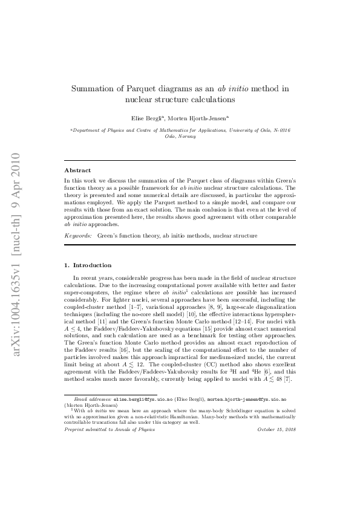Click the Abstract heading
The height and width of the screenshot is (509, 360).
77,170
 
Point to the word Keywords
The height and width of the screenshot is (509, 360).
78,235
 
